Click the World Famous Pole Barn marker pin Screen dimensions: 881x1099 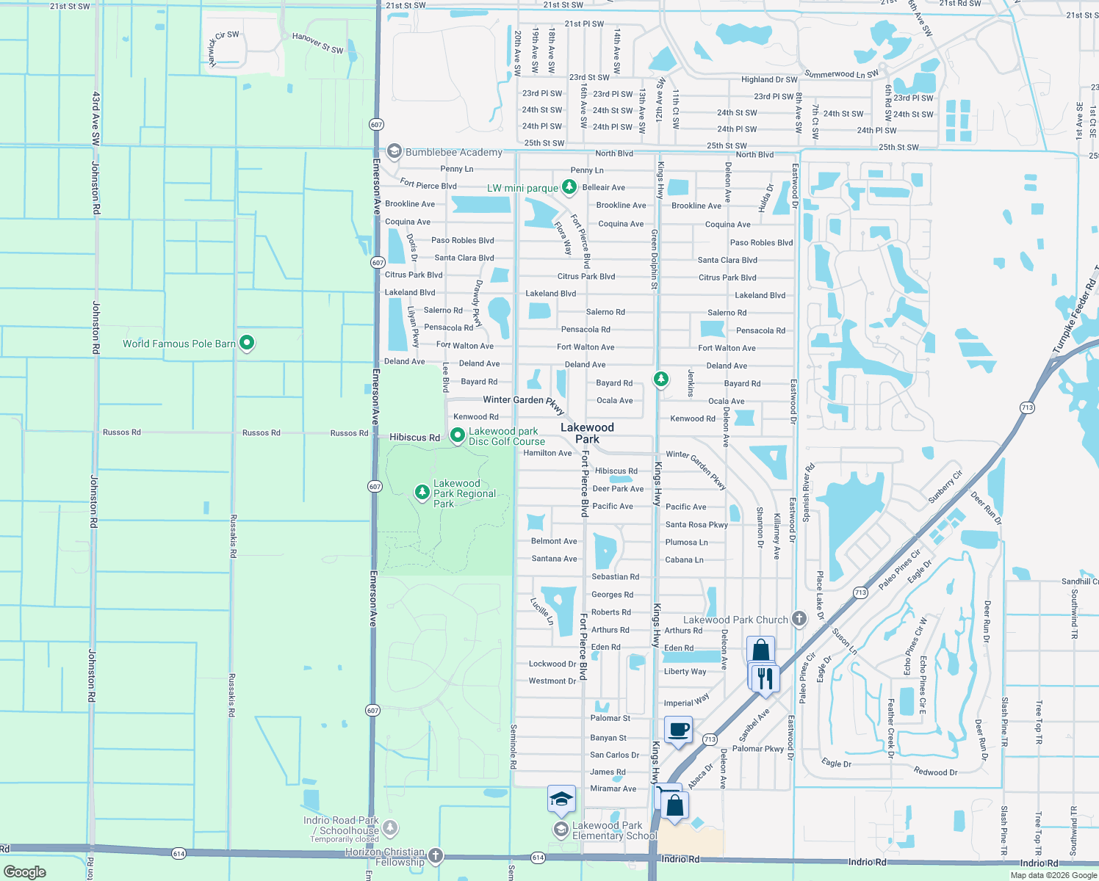click(247, 342)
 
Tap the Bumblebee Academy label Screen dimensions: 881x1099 click(453, 153)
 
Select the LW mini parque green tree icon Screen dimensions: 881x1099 click(569, 187)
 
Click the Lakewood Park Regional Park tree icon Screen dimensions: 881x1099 click(422, 492)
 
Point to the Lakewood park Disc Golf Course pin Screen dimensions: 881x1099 click(458, 435)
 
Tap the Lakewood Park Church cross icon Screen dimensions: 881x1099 click(799, 619)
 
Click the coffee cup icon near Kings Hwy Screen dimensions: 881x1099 click(678, 730)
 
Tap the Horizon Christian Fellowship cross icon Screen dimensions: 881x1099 click(436, 855)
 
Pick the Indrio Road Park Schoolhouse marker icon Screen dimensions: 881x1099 click(390, 828)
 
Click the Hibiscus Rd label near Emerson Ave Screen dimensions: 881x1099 click(414, 438)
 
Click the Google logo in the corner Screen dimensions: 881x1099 click(25, 871)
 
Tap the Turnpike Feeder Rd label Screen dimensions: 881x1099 click(1074, 316)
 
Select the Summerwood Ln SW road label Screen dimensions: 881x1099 click(841, 74)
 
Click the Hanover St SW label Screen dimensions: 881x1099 click(317, 43)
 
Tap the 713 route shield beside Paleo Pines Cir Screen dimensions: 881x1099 click(860, 592)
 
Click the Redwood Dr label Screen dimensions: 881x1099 click(935, 772)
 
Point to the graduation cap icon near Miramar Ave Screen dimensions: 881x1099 click(561, 799)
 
